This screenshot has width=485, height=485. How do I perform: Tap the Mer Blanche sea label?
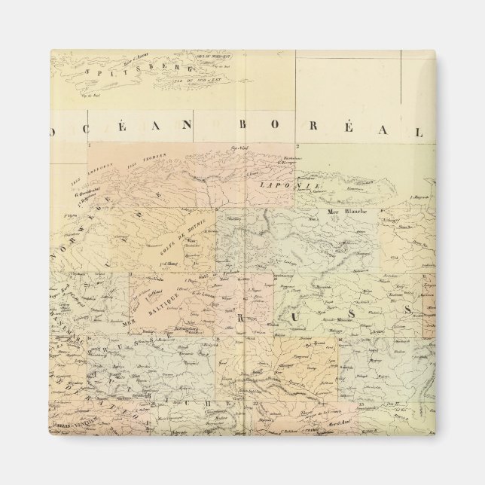[343, 212]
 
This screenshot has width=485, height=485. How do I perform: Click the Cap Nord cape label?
[239, 148]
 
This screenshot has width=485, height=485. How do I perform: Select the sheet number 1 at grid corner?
[90, 145]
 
